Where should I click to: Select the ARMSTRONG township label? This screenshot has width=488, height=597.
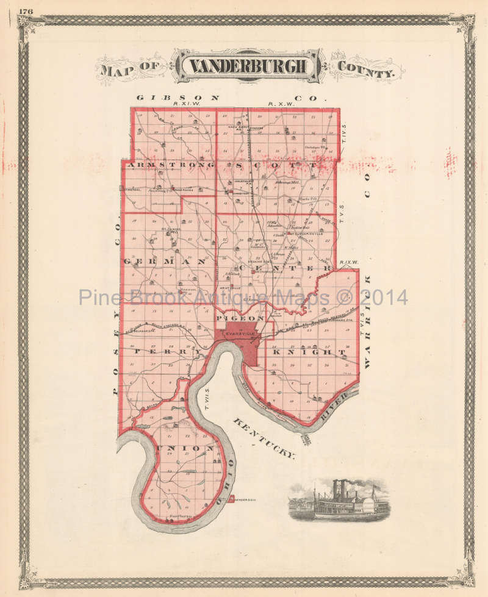(169, 165)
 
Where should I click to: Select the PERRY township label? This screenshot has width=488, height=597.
(168, 352)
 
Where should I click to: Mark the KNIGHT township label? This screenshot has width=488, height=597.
(309, 352)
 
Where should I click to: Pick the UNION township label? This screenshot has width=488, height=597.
(186, 448)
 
